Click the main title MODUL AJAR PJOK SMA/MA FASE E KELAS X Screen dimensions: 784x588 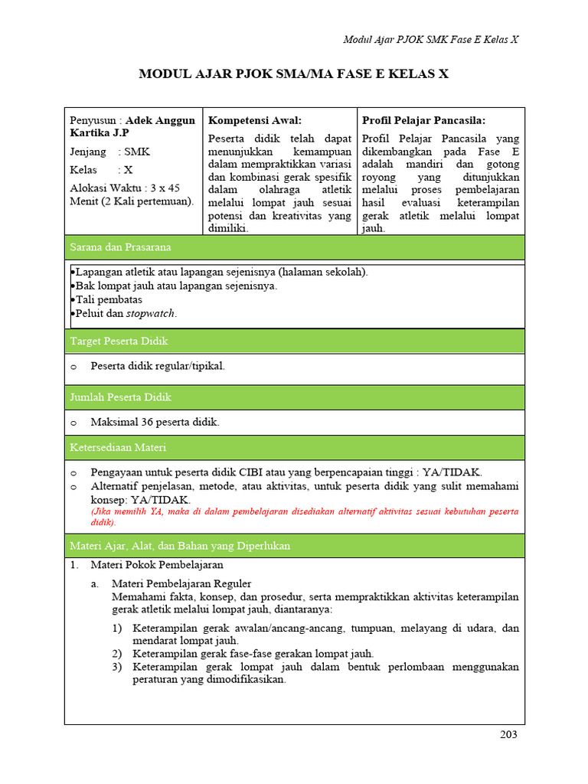click(293, 74)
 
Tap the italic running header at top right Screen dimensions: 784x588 click(430, 39)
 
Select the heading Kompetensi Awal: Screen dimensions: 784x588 click(255, 120)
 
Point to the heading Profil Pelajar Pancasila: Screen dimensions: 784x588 click(423, 120)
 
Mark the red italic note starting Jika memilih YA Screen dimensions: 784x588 click(304, 516)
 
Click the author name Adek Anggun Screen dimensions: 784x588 click(160, 120)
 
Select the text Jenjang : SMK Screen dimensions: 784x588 click(109, 152)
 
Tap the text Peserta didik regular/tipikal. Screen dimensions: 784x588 click(158, 366)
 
